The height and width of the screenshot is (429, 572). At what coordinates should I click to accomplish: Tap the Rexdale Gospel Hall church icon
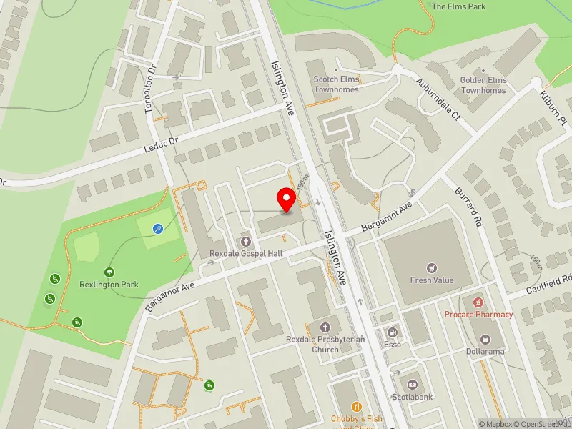click(x=246, y=242)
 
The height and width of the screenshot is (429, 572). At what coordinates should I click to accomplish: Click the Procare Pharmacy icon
click(x=478, y=303)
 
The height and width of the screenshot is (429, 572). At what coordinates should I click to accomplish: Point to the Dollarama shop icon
click(x=486, y=339)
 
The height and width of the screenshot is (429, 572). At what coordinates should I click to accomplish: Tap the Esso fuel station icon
click(x=391, y=332)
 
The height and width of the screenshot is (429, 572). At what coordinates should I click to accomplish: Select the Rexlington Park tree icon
click(x=109, y=272)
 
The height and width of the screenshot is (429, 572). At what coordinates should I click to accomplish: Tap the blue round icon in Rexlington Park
click(x=159, y=230)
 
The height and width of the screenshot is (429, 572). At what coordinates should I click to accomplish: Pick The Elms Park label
click(x=458, y=6)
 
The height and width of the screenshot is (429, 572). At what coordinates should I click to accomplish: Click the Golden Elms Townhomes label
click(x=483, y=85)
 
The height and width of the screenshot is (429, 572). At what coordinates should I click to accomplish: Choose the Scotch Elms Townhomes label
click(x=336, y=84)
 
